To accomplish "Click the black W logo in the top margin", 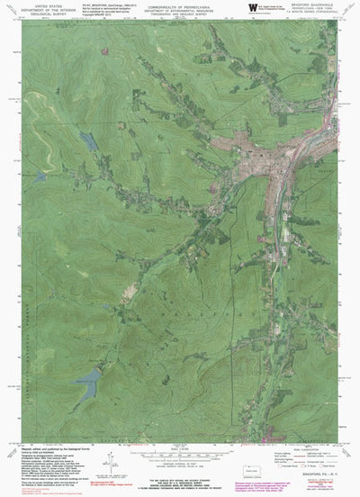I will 249,7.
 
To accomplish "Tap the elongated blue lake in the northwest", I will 88,141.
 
